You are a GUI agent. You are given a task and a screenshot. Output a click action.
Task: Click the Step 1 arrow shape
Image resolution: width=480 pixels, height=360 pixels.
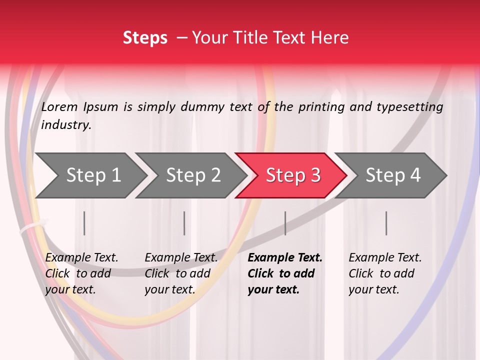[90, 175]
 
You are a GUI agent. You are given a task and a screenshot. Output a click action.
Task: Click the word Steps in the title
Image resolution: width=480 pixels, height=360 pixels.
[145, 37]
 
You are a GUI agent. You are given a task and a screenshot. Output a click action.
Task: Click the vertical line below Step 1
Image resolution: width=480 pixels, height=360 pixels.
[84, 223]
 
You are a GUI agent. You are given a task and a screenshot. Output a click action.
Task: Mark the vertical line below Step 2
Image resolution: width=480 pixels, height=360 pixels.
[184, 223]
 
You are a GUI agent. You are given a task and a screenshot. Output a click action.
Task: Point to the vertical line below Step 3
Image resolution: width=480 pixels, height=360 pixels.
[285, 223]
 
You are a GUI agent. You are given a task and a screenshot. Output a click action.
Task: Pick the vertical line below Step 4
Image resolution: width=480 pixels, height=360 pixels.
[386, 223]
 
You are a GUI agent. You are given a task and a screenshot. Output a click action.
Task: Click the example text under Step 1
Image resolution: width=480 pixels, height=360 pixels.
[81, 273]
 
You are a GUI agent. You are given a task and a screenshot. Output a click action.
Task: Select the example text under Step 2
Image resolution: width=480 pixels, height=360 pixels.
[181, 273]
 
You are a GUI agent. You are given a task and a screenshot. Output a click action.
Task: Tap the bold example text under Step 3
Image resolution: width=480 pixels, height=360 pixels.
[284, 273]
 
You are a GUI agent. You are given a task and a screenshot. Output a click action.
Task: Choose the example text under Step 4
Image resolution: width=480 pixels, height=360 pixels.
[385, 273]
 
